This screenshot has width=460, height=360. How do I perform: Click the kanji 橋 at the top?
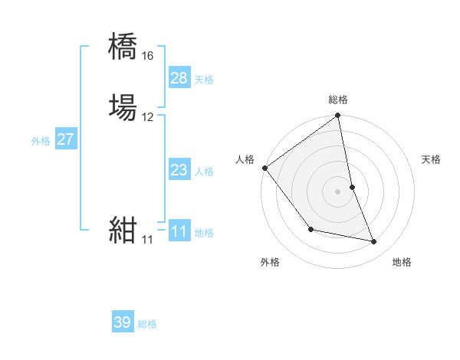click(123, 47)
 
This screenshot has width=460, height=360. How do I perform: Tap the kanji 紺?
click(123, 230)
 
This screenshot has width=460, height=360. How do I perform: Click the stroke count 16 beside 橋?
click(147, 56)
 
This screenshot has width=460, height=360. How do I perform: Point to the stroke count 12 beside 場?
click(147, 117)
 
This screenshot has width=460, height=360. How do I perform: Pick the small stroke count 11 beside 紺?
click(147, 240)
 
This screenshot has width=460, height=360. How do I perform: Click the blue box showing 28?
click(179, 78)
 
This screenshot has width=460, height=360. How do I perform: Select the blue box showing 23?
click(179, 170)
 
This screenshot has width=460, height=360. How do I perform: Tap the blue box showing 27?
click(65, 139)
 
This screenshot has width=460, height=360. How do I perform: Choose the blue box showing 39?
click(123, 322)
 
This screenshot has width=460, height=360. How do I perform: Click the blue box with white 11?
click(179, 231)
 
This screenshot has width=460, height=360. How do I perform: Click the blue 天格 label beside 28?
click(204, 80)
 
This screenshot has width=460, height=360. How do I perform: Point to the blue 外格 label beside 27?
click(41, 141)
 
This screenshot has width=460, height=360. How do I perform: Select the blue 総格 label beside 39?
click(147, 324)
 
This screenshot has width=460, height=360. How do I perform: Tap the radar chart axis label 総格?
click(338, 100)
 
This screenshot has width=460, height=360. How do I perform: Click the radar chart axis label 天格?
click(432, 159)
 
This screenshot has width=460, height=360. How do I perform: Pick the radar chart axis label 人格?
click(245, 159)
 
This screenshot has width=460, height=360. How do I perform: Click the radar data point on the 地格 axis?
click(374, 242)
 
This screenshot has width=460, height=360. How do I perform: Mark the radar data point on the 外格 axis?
click(310, 229)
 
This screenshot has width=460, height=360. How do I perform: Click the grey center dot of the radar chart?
click(338, 191)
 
